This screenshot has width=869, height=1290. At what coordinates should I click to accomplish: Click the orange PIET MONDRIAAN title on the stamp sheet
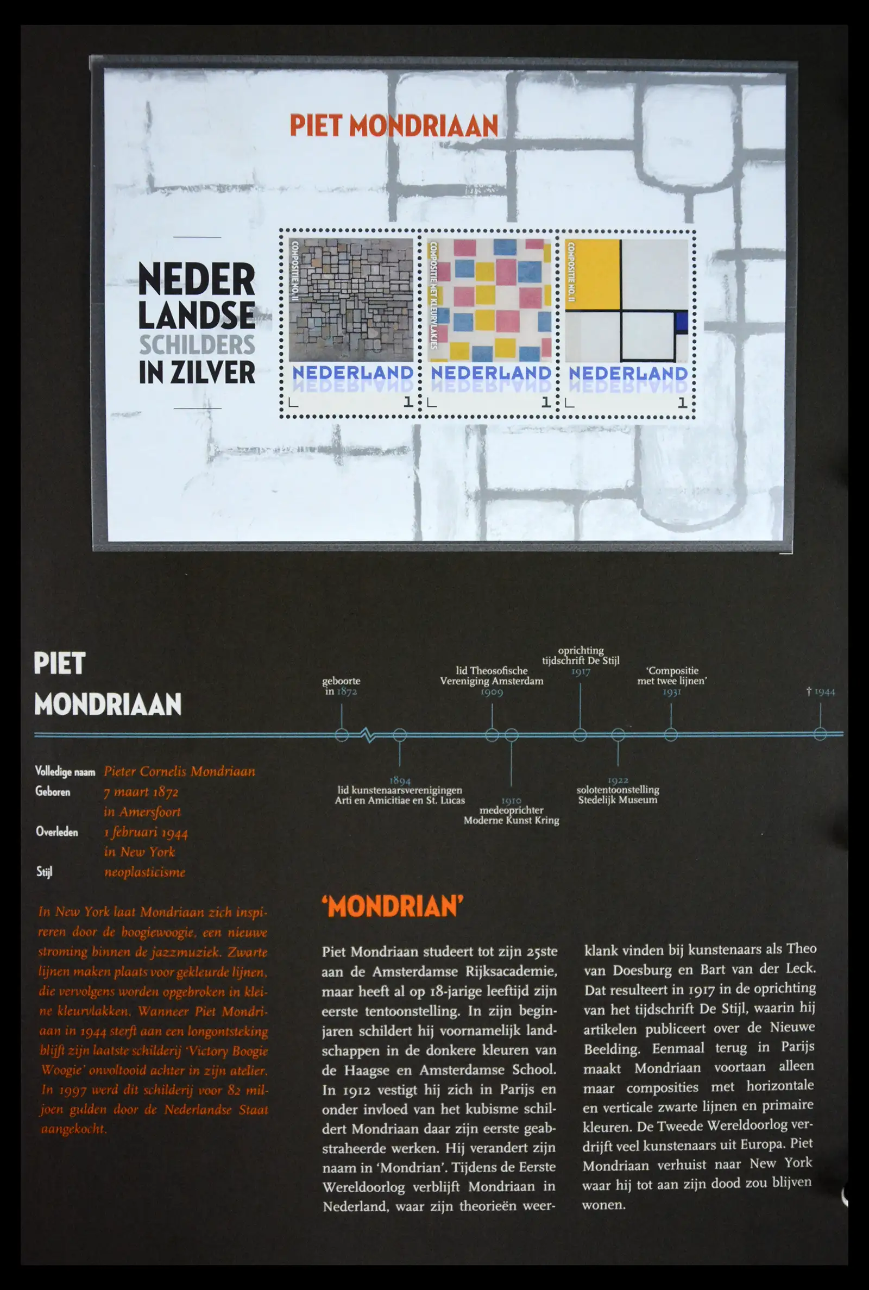(393, 126)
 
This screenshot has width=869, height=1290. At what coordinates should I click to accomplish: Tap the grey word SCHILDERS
(197, 345)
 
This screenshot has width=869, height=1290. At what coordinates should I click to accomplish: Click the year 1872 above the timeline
(347, 691)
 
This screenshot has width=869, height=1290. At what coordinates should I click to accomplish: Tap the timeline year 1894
(400, 780)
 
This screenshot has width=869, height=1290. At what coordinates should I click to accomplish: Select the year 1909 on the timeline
(492, 691)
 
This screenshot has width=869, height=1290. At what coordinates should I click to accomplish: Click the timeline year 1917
(580, 671)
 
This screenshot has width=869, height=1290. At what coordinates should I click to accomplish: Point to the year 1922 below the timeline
(618, 780)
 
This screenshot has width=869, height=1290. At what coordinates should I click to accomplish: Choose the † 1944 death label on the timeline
(820, 691)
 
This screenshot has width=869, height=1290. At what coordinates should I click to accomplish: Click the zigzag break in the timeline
(368, 735)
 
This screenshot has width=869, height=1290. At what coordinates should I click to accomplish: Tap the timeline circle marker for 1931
(671, 735)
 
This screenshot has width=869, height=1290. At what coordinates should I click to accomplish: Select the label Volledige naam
(65, 771)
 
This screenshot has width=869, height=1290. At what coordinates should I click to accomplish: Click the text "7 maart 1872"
(141, 792)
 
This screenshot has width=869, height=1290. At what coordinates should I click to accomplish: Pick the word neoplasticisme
(144, 872)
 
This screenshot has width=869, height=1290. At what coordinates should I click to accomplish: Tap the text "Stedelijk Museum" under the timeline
(618, 800)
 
